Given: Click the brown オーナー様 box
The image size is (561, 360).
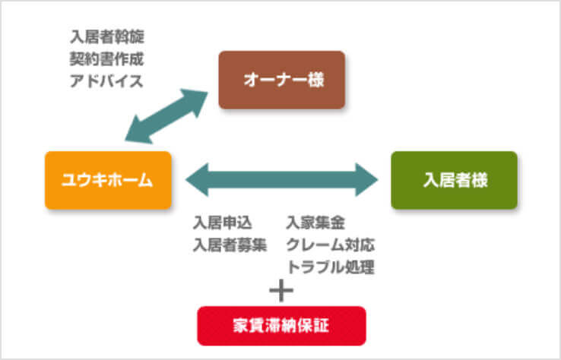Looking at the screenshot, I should (281, 80).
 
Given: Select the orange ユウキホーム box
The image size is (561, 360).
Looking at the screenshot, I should (108, 180).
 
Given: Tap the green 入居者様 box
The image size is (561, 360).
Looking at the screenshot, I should (454, 180).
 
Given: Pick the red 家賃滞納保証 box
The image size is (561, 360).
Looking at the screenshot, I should (281, 326).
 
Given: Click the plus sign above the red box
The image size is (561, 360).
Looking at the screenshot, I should (281, 289).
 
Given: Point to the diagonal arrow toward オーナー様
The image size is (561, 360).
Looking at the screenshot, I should (168, 115).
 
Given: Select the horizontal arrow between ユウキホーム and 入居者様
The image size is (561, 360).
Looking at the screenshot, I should (282, 180).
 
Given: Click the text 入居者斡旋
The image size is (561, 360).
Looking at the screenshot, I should (106, 37).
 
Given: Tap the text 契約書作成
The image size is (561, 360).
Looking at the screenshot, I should (106, 58).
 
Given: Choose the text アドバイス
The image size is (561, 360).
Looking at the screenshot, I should (106, 80).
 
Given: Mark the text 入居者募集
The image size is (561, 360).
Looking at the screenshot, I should (230, 245).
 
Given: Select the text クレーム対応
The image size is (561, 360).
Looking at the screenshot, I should (330, 245).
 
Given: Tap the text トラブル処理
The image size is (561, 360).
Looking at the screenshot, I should (330, 266).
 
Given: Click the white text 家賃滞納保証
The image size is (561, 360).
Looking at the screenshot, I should (281, 326).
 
